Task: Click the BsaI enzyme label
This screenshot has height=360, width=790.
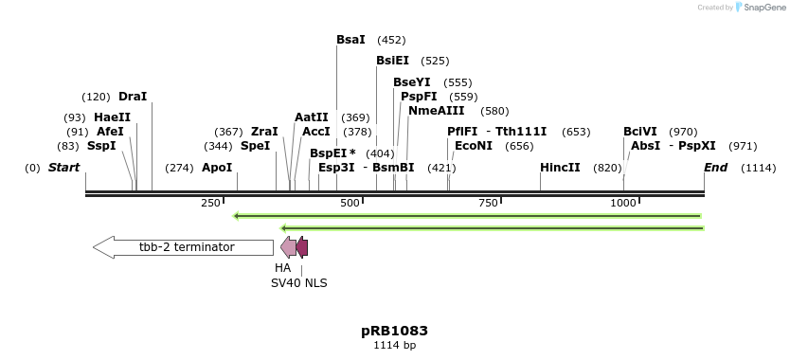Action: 350,40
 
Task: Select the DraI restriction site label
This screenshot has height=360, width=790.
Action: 133,97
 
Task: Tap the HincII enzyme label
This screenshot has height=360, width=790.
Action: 560,168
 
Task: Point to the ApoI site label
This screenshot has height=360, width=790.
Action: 217,168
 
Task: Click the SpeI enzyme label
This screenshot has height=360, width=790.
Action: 255,146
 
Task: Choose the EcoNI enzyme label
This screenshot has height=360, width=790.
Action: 474,146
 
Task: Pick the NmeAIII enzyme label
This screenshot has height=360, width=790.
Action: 437,111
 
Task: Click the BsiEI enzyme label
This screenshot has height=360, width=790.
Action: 392,61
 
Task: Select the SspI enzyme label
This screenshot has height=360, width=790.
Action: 101,146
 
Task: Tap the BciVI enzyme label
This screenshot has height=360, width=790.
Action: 639,132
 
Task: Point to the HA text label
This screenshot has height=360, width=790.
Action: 283,268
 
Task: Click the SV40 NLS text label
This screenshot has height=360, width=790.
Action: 299,282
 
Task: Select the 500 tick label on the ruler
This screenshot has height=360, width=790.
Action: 350,204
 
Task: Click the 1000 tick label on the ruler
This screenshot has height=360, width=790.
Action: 623,204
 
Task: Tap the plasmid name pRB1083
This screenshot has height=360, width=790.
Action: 394,331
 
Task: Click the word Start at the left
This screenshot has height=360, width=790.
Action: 63,168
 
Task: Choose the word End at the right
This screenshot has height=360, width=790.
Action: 715,168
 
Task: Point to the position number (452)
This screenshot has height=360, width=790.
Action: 391,40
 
